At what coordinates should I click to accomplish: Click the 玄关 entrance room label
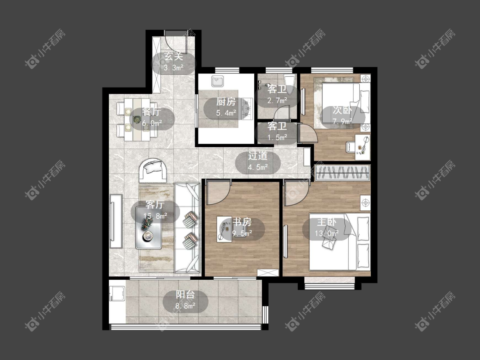174,56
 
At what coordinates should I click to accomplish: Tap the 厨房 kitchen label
226,102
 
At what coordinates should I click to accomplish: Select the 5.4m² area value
226,113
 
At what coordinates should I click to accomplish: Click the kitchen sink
218,81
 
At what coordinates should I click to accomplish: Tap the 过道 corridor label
257,156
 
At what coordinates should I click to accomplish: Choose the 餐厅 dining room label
151,112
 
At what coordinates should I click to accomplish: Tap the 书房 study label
242,222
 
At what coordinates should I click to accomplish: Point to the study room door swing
218,193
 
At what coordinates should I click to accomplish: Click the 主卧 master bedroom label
327,222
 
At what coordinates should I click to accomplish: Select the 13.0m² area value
327,233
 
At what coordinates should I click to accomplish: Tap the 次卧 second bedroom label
343,110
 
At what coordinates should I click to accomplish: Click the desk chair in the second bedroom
351,147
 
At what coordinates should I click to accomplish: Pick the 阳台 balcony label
185,294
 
